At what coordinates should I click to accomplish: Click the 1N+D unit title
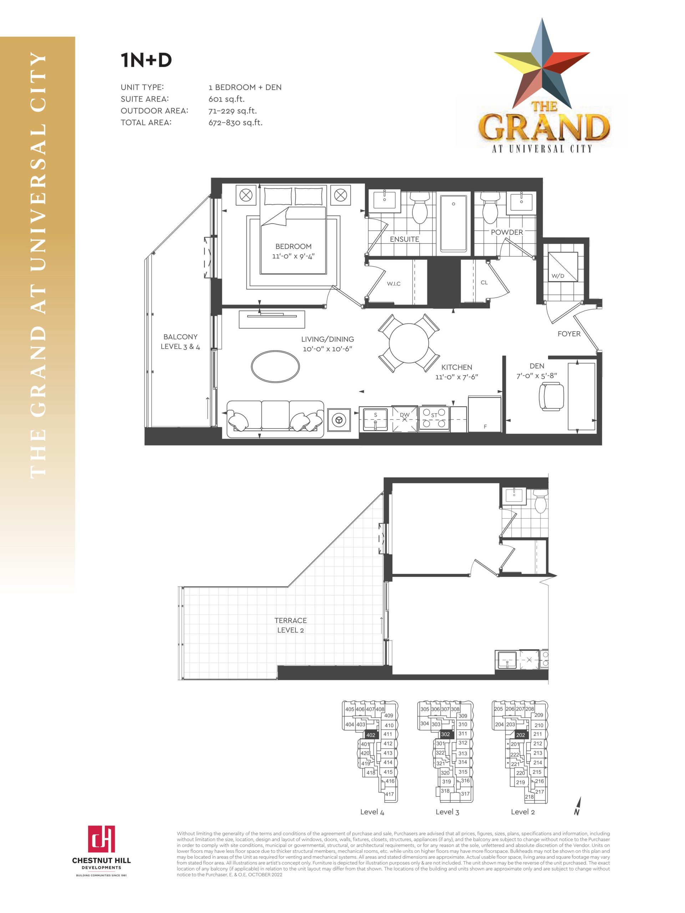[146, 60]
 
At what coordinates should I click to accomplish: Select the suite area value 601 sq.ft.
[226, 99]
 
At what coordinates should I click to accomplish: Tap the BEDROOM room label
[294, 246]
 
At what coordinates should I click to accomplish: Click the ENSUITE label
[404, 239]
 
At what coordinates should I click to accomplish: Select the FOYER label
[569, 334]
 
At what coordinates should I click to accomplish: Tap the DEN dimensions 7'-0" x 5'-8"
[536, 376]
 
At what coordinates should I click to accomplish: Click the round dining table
[409, 343]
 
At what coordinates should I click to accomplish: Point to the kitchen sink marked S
[375, 419]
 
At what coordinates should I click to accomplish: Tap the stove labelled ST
[434, 419]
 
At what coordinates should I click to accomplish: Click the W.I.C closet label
[394, 284]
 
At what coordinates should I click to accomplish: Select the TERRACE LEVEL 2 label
[290, 625]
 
